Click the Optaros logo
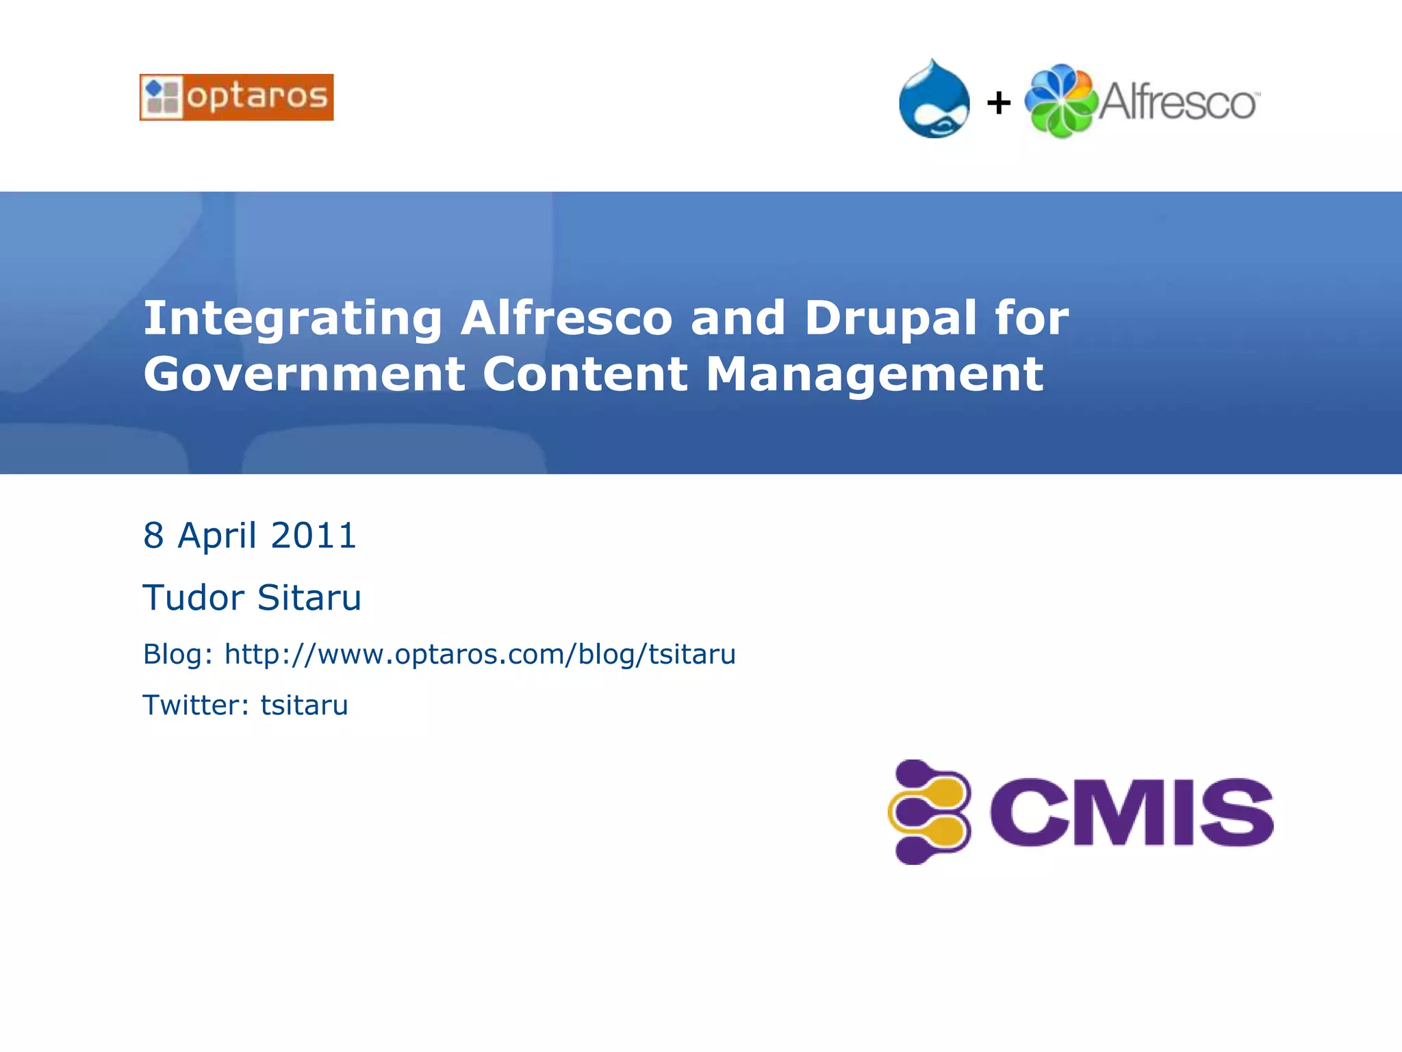(x=236, y=97)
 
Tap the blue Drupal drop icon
(x=934, y=100)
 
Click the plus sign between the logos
(x=999, y=103)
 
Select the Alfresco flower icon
(x=1060, y=101)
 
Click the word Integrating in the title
(x=293, y=319)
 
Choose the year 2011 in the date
(x=314, y=536)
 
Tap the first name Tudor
(x=193, y=597)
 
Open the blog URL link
(x=480, y=655)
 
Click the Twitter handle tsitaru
(x=304, y=705)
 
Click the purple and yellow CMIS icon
(x=930, y=812)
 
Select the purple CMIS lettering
(x=1131, y=812)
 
